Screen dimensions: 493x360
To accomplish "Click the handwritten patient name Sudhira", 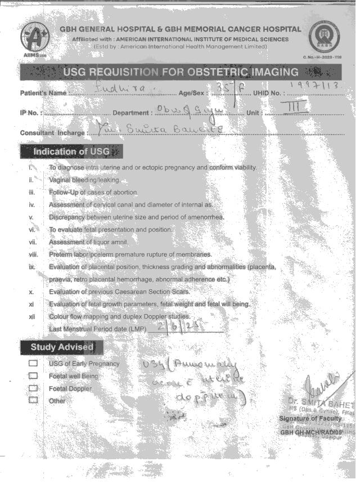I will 120,88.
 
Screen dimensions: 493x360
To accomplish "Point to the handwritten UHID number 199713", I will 319,85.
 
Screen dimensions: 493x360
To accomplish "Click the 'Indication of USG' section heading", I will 71,151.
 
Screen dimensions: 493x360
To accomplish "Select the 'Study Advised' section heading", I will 62,347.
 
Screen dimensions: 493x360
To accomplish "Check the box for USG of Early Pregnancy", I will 33,364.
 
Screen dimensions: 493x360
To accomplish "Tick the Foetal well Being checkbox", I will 33,376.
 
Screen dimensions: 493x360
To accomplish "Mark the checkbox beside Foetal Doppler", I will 33,388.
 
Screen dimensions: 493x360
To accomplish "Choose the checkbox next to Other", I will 33,400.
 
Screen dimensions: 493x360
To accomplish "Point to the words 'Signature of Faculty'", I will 310,419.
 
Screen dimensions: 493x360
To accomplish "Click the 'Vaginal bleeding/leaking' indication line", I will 84,180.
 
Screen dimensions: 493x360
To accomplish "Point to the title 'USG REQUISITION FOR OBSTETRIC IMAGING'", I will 181,72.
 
